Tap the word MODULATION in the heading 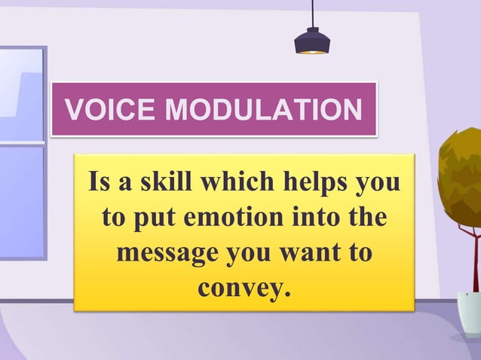coord(263,111)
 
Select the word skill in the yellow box coord(165,183)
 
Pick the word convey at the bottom coord(244,287)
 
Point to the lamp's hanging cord coord(311,13)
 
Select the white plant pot coord(470,313)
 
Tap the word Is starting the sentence coord(100,183)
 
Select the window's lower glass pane coord(20,200)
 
